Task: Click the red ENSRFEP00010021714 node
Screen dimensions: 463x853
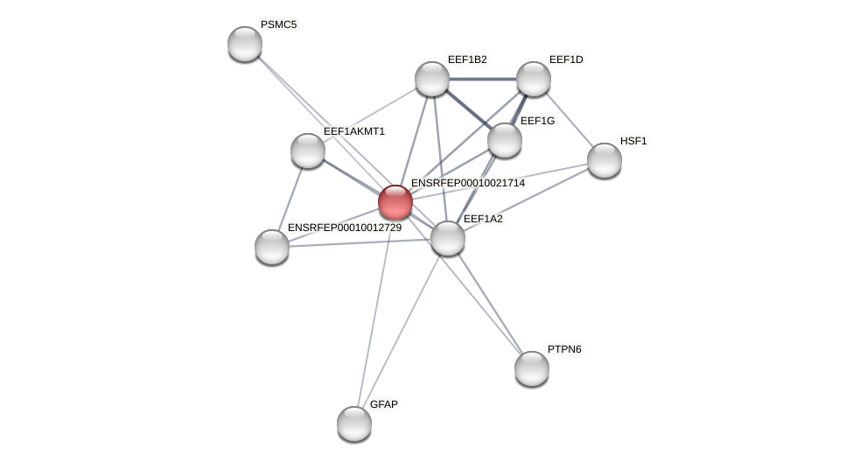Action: tap(395, 202)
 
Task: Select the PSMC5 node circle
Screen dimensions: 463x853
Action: tap(245, 44)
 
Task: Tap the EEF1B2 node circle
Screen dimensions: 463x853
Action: tap(432, 79)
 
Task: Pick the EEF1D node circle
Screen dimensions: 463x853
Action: tap(534, 79)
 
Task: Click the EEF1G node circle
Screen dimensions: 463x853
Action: tap(505, 140)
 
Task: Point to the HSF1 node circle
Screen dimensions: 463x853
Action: tap(605, 160)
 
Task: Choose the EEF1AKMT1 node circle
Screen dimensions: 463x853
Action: tap(308, 151)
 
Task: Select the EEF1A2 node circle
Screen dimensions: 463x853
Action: tap(448, 238)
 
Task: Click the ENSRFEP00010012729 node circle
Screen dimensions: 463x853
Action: tap(272, 247)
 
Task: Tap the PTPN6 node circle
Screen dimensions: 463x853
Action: tap(532, 368)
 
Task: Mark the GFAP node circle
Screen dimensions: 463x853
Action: tap(354, 424)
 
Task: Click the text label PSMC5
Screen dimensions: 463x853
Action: tap(278, 25)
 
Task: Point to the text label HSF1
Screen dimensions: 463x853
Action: tap(633, 141)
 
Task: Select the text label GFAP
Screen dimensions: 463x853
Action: tap(383, 404)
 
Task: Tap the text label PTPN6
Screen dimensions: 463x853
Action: tap(564, 349)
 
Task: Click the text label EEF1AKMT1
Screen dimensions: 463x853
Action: tap(353, 131)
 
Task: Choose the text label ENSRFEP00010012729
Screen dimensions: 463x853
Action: tap(345, 228)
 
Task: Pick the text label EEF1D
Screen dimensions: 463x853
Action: tap(566, 60)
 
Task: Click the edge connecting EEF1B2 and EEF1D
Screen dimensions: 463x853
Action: tap(483, 79)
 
